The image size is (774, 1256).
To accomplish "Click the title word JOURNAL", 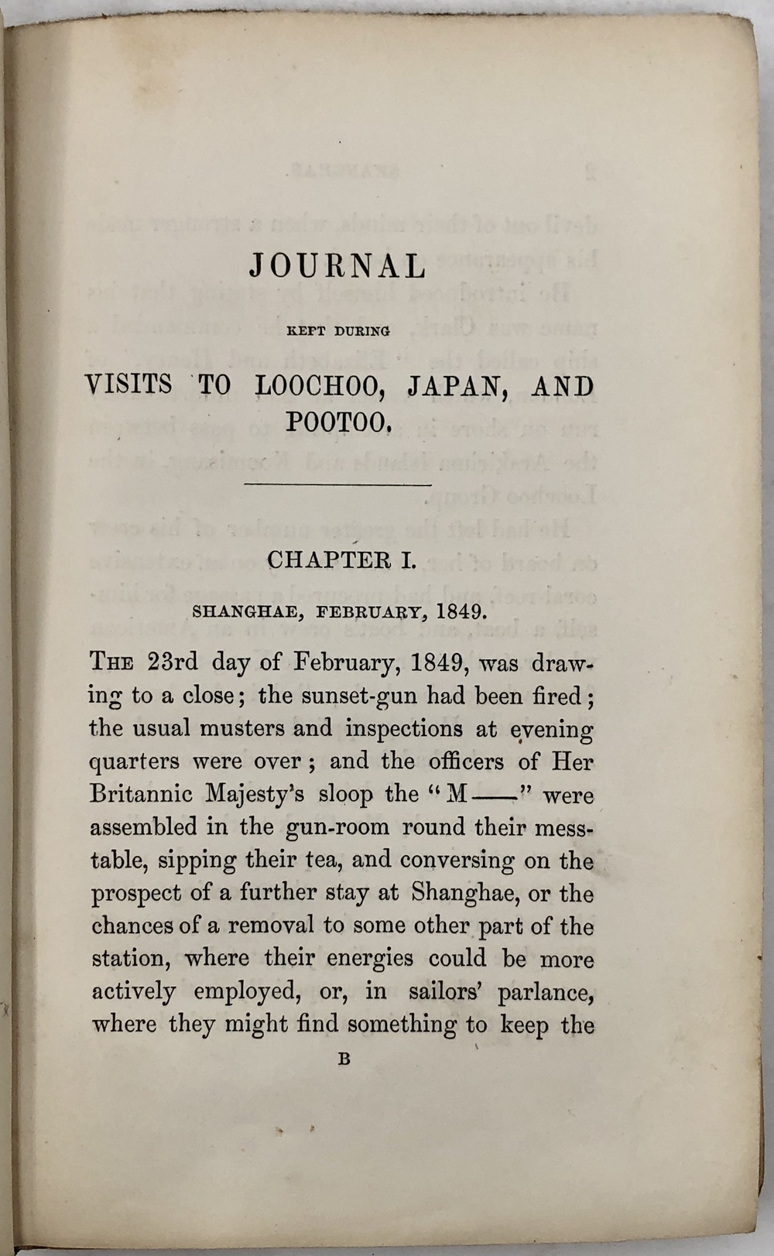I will click(337, 267).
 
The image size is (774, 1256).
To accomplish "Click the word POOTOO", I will click(335, 422).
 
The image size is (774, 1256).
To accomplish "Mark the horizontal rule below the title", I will click(337, 485).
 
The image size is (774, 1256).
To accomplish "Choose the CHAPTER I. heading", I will click(341, 560).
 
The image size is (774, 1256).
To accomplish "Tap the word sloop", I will click(347, 795).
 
